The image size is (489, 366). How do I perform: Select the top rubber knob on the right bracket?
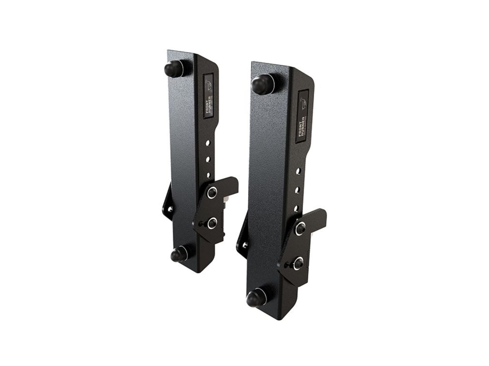tap(261, 83)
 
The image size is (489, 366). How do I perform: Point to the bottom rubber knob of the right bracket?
tap(255, 298)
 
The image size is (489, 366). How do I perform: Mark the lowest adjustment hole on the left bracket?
tap(208, 175)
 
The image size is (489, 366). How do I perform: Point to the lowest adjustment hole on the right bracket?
tap(297, 208)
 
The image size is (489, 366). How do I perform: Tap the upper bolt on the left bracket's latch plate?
tap(213, 193)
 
